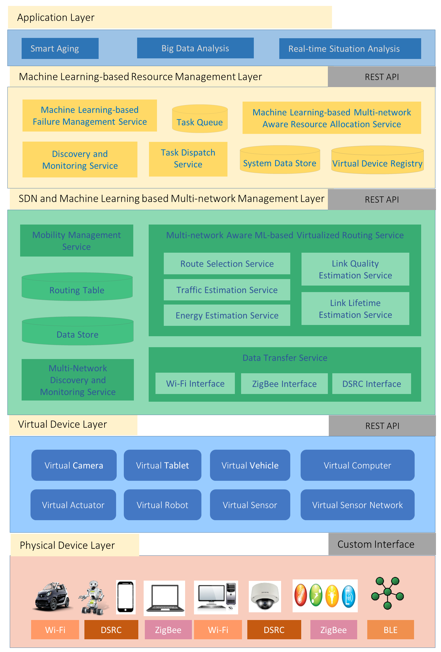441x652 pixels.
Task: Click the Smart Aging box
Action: coord(60,48)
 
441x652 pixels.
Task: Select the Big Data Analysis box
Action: coord(195,48)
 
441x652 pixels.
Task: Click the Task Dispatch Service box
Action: coord(188,159)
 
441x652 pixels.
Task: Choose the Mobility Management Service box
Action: coord(76,241)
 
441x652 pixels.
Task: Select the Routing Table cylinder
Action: coord(77,287)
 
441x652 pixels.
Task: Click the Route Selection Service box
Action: coord(227,263)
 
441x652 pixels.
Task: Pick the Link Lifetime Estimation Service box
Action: coord(355,309)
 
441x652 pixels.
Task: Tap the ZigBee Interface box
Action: coord(284,384)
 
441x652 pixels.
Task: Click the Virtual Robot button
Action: coord(162,505)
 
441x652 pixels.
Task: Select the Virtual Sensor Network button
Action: coord(357,505)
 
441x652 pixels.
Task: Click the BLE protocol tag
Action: coord(390,630)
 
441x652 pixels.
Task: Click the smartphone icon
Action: coord(126,597)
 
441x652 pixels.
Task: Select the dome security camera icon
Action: coord(264,596)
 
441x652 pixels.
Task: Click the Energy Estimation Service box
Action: coord(227,315)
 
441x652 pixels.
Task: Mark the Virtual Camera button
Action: coord(74,465)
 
